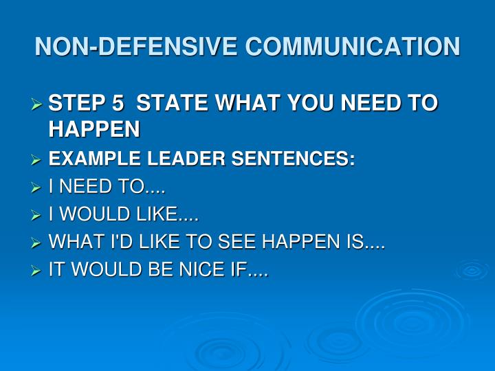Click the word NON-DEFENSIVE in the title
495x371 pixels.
[137, 47]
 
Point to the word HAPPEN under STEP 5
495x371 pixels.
[94, 128]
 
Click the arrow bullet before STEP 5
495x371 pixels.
[37, 104]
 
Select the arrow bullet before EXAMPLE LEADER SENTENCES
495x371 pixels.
[37, 161]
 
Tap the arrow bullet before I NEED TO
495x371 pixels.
[37, 188]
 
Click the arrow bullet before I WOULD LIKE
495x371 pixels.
[37, 216]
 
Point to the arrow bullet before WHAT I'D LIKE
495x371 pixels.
[37, 243]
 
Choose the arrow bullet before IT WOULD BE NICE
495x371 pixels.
[37, 271]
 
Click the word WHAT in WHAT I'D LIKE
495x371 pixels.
[72, 243]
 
